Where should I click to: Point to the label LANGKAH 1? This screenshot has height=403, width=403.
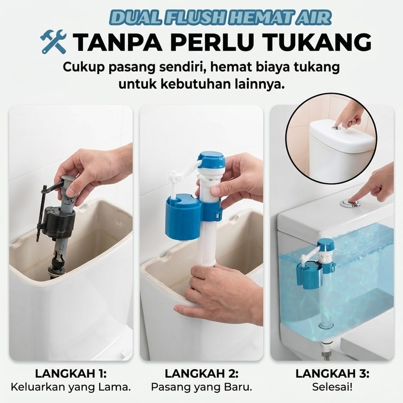click(x=71, y=373)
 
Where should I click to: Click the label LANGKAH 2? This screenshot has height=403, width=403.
click(x=201, y=373)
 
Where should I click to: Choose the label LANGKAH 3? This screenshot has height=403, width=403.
click(x=332, y=373)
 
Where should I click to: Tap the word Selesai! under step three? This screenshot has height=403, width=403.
click(x=332, y=387)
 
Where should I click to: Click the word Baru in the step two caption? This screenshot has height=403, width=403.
click(x=238, y=387)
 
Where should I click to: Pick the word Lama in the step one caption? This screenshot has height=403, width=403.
click(x=116, y=387)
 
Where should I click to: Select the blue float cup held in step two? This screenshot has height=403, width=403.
click(x=183, y=216)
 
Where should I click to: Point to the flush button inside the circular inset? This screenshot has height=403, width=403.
click(x=335, y=127)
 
